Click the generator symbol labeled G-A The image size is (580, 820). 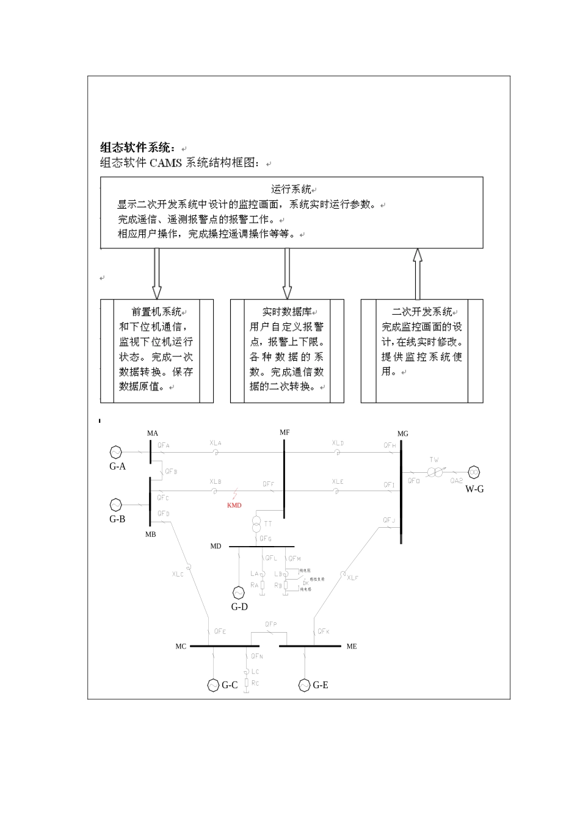coord(115,452)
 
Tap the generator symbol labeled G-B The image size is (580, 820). coord(115,505)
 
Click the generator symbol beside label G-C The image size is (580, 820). coord(213,685)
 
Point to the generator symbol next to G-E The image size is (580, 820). coord(305,685)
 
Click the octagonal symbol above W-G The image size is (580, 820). coord(474,472)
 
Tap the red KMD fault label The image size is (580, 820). coord(234,505)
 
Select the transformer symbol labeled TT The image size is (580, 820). coord(256,523)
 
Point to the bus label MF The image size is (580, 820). coord(285,433)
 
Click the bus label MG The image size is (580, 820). coord(403,434)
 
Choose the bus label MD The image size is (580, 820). coord(216,546)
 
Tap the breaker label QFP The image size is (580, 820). coord(271,624)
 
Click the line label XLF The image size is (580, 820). coord(353,577)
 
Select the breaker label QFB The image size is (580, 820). coord(172,472)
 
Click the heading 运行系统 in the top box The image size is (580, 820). coord(291,189)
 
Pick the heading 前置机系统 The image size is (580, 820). coord(156,312)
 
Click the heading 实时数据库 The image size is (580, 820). coord(286,312)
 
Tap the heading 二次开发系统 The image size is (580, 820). coord(421,312)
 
